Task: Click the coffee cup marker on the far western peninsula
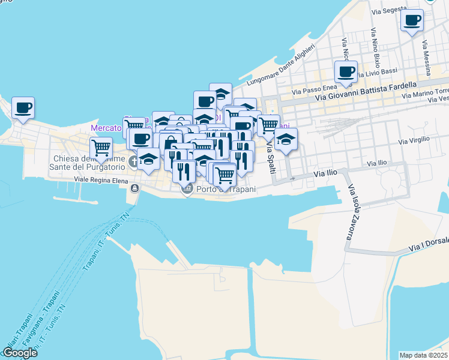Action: pyautogui.click(x=23, y=109)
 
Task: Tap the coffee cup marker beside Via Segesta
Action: pyautogui.click(x=412, y=21)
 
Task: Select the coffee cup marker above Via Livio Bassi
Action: pyautogui.click(x=346, y=73)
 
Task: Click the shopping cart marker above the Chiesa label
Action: pyautogui.click(x=101, y=146)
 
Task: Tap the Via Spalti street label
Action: pyautogui.click(x=271, y=158)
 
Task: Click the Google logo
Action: pyautogui.click(x=19, y=353)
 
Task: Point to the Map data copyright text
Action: pyautogui.click(x=424, y=355)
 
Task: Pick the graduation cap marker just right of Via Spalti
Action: pyautogui.click(x=286, y=140)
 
